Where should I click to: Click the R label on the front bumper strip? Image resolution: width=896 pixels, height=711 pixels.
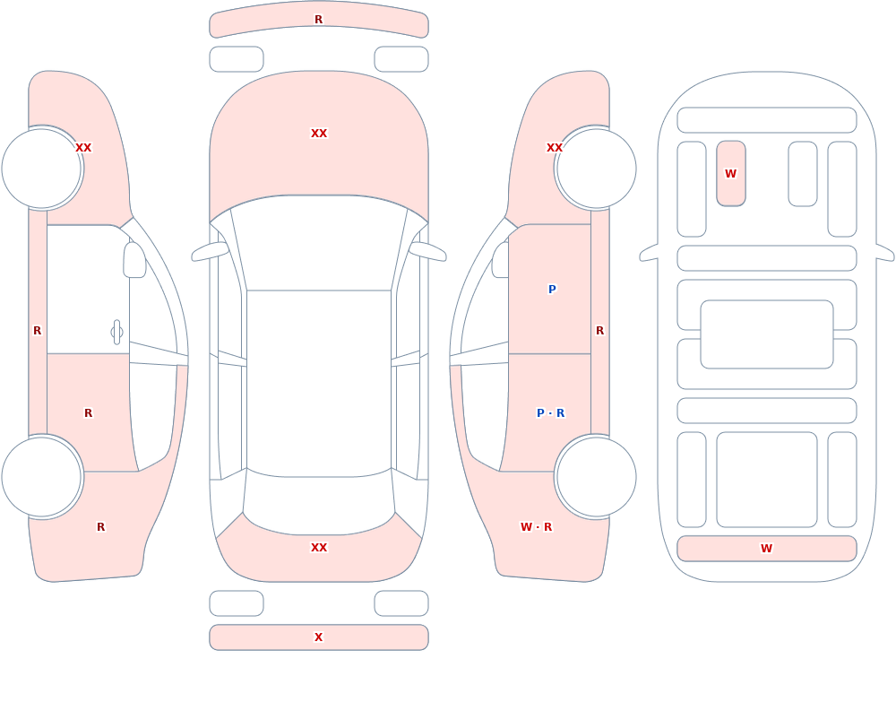(x=319, y=20)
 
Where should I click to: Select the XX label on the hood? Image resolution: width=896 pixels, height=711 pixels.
(x=319, y=134)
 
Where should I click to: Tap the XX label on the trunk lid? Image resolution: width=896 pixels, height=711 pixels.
(x=319, y=548)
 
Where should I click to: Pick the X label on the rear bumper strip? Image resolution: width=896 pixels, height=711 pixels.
(x=319, y=637)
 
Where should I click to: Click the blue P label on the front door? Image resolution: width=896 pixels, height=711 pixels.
(x=552, y=290)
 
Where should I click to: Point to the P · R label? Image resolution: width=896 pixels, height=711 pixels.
(x=550, y=413)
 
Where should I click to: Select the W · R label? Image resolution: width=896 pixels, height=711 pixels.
(x=536, y=527)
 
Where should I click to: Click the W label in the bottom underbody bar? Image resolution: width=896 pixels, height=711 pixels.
(x=766, y=549)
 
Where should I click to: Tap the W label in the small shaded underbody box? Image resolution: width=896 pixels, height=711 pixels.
(x=731, y=174)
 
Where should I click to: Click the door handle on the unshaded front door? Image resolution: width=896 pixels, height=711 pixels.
(x=116, y=333)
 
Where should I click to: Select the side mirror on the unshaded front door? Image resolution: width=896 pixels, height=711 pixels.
(x=134, y=260)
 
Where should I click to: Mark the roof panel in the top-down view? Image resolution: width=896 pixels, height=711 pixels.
(x=319, y=383)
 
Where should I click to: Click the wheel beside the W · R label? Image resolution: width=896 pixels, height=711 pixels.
(x=596, y=476)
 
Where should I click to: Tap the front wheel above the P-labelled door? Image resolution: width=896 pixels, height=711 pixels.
(x=596, y=169)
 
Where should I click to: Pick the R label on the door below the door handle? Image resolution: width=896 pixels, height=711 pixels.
(x=88, y=413)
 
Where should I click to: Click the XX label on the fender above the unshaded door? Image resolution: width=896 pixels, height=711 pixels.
(x=83, y=148)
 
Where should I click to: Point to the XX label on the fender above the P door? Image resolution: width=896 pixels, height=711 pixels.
(x=555, y=148)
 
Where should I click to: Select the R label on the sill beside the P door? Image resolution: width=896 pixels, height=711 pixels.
(x=600, y=331)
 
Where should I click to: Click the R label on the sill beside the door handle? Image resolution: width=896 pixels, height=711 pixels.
(x=37, y=331)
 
